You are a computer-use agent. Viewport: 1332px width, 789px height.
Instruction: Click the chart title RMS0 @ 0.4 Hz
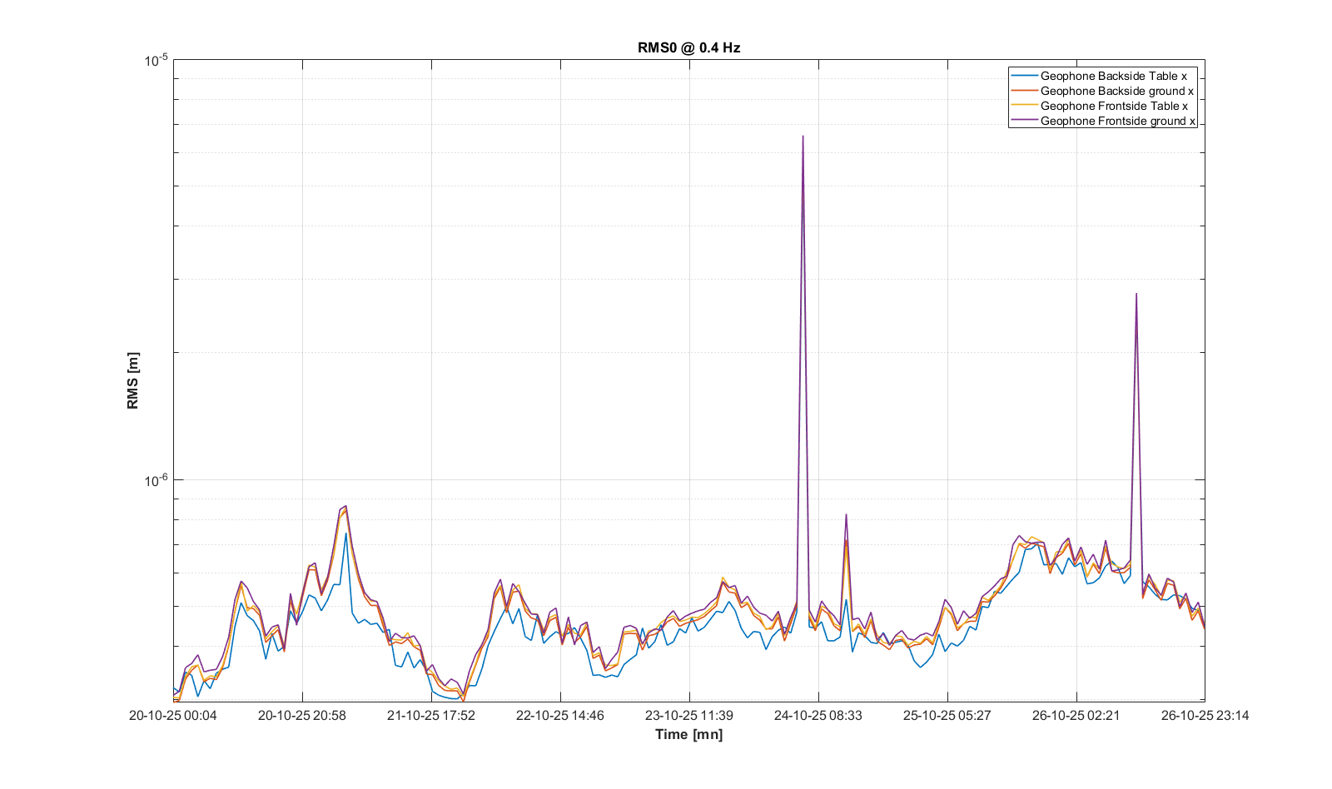tap(688, 47)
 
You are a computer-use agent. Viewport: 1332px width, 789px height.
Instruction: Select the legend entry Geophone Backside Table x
tap(1113, 76)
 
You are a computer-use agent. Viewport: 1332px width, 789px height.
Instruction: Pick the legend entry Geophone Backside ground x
tap(1116, 91)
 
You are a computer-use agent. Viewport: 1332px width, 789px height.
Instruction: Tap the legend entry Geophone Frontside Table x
tap(1114, 106)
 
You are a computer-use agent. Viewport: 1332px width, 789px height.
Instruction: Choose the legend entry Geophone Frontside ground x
tap(1117, 121)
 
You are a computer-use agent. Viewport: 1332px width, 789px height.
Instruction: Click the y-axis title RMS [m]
tap(133, 380)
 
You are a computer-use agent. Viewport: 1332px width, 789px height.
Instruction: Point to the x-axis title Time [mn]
tap(688, 734)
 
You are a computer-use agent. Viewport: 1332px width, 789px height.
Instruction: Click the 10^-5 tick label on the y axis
tap(156, 60)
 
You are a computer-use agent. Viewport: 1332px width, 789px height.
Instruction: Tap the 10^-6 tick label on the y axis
tap(156, 480)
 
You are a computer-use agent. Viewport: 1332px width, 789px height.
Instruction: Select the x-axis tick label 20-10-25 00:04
tap(173, 716)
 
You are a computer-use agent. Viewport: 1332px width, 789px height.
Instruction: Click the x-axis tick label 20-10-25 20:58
tap(302, 716)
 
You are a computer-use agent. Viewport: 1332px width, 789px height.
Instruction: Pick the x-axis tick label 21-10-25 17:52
tap(431, 716)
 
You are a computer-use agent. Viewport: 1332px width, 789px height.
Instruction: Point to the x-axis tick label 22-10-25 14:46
tap(560, 716)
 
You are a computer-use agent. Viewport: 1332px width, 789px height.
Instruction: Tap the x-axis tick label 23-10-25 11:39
tap(689, 716)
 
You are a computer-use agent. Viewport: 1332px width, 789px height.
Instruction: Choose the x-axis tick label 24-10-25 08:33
tap(818, 716)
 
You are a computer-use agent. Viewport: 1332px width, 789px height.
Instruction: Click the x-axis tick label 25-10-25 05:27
tap(947, 716)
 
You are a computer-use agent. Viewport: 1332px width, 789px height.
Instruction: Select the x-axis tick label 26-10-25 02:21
tap(1076, 716)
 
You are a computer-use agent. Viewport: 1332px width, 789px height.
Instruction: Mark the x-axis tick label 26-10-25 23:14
tap(1205, 716)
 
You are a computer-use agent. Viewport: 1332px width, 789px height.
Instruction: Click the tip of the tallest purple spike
tap(803, 136)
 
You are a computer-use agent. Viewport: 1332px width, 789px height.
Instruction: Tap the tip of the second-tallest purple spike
tap(1136, 294)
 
